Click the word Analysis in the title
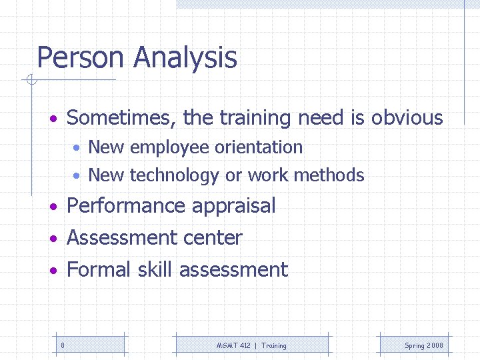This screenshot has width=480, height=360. [185, 57]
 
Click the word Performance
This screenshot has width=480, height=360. [127, 206]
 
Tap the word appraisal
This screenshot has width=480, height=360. [233, 206]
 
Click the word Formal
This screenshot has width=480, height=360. [100, 270]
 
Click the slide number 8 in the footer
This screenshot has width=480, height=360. [63, 345]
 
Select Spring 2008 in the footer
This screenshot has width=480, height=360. [423, 345]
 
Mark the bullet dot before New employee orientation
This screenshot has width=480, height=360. [78, 148]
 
